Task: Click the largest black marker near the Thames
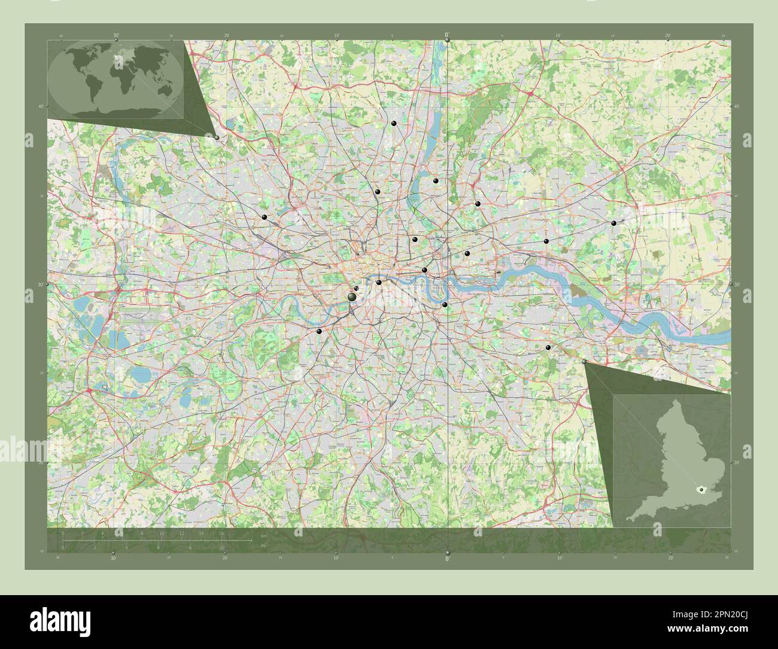[352, 296]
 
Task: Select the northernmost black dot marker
[394, 123]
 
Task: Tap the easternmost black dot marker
[614, 223]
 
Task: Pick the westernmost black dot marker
[263, 217]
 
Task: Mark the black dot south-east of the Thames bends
[548, 348]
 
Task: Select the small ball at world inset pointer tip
[217, 137]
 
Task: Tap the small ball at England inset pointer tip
[585, 362]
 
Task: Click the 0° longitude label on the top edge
[447, 35]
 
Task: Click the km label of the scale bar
[263, 535]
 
